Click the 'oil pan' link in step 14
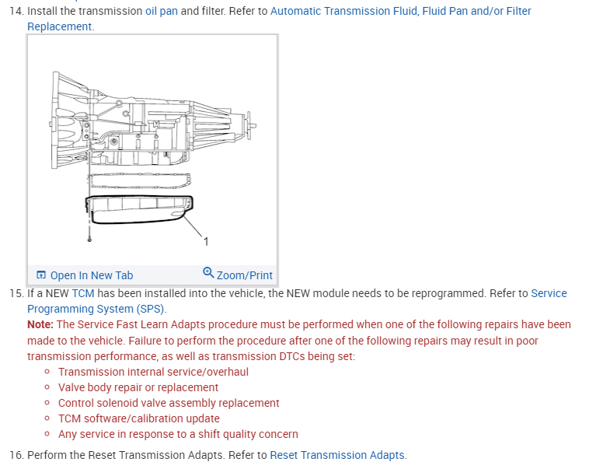tap(161, 12)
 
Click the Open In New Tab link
tap(91, 275)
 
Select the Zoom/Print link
tap(244, 275)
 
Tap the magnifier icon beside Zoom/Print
tap(208, 273)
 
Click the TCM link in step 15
tap(82, 293)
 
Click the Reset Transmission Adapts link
tap(336, 455)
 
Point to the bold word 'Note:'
tap(40, 324)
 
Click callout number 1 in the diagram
tap(206, 241)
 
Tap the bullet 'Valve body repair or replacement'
tap(138, 387)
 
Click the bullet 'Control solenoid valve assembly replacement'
tap(169, 403)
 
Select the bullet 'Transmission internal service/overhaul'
tap(153, 372)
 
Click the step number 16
tap(16, 455)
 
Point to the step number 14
tap(16, 12)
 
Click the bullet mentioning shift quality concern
tap(178, 434)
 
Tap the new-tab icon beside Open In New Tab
tap(41, 275)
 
